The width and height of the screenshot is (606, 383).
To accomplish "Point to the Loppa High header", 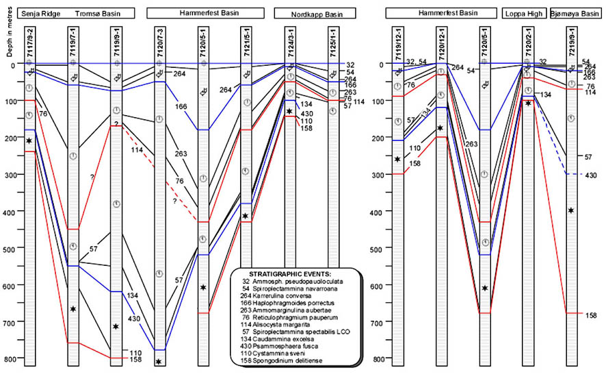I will click(525, 13).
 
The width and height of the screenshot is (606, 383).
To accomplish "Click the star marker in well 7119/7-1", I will click(73, 309).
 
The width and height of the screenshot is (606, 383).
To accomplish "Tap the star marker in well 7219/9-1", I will click(572, 210).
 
